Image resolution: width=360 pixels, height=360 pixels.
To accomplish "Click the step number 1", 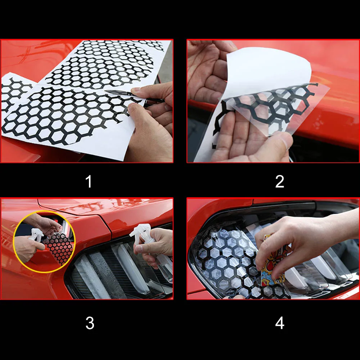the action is click(89, 181).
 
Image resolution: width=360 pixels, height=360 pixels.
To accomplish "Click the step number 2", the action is click(280, 181).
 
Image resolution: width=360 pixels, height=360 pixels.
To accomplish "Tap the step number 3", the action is click(90, 323).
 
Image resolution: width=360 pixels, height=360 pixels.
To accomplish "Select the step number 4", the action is click(280, 323).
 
